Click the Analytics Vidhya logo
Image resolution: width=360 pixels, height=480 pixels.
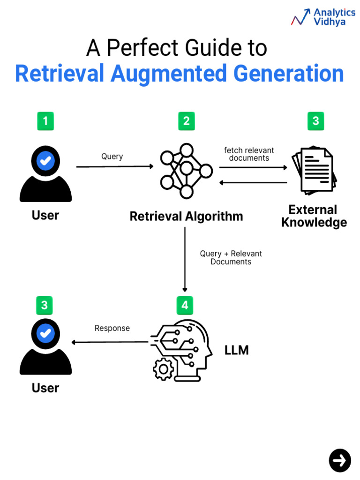(x=323, y=17)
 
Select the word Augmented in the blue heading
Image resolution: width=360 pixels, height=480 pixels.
(x=169, y=74)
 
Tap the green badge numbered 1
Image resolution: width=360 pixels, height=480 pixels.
(x=45, y=121)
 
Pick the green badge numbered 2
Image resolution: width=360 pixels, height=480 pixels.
(x=187, y=121)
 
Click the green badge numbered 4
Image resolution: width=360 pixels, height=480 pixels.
(x=185, y=306)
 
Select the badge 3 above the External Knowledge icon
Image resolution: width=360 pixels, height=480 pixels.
(x=316, y=121)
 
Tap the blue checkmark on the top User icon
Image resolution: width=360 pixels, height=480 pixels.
(x=45, y=161)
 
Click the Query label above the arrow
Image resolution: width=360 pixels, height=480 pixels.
(x=112, y=157)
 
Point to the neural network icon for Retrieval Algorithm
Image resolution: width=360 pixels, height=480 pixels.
(x=187, y=171)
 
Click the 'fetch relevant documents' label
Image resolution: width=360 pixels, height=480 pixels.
(x=249, y=154)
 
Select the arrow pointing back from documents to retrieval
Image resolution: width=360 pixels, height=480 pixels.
(x=254, y=183)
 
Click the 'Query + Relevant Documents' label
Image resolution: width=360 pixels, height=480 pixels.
(x=231, y=258)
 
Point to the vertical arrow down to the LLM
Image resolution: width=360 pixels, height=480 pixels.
(x=185, y=259)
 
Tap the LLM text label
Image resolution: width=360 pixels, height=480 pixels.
(x=237, y=350)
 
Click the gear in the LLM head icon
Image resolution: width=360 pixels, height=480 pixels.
(x=164, y=369)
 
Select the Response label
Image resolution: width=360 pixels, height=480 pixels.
(x=112, y=328)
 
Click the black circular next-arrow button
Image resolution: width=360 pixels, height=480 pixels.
(x=340, y=460)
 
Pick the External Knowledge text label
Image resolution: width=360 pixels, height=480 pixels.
(x=314, y=216)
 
